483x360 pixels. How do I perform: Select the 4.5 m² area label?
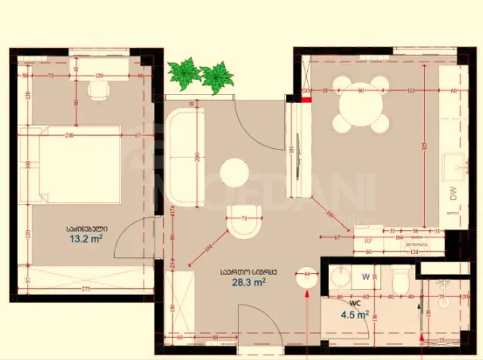click(354, 315)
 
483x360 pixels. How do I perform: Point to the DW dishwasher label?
click(453, 193)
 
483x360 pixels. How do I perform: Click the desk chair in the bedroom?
click(98, 90)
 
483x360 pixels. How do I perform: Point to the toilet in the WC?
click(400, 279)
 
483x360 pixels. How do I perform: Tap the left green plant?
click(184, 73)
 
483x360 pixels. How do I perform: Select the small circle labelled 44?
click(308, 274)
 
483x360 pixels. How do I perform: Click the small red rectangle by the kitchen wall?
click(306, 100)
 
